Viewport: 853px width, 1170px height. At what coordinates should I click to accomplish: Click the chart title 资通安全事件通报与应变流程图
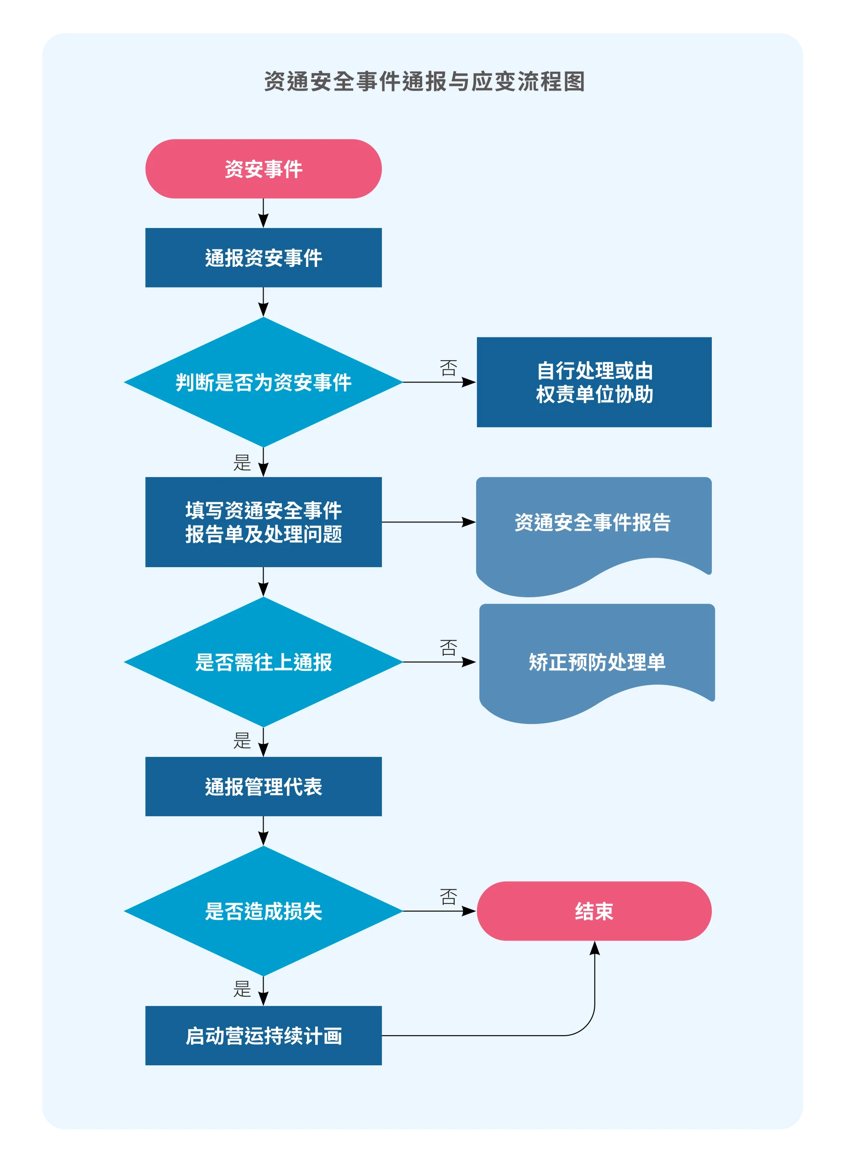tap(424, 82)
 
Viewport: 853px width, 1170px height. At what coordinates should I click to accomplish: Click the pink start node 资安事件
tap(263, 169)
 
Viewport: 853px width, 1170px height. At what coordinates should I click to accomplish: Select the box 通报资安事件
tap(263, 258)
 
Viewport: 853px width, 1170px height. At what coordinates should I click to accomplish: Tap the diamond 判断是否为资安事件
tap(263, 382)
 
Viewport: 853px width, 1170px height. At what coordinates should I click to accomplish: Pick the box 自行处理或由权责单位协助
tap(594, 382)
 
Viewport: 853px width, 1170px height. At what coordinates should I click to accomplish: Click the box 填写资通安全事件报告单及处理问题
tap(263, 522)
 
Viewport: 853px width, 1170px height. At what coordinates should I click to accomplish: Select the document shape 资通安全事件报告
tap(593, 523)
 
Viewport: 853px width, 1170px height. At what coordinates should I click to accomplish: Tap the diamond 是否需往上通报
tap(263, 662)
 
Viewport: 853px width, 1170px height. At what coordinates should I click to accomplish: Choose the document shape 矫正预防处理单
tap(597, 662)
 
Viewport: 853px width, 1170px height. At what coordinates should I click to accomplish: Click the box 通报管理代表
tap(263, 787)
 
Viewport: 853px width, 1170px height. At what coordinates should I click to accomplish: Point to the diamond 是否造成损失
tap(263, 911)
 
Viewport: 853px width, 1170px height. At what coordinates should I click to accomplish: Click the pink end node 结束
tap(594, 911)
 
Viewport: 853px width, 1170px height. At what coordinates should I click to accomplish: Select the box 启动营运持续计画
tap(263, 1036)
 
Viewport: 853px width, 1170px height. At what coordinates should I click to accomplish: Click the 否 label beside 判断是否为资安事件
tap(448, 368)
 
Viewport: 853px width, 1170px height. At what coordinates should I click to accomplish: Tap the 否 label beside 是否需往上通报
tap(448, 647)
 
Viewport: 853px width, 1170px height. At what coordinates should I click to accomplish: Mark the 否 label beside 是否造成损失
tap(448, 897)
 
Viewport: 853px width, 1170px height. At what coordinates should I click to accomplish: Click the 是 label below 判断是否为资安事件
tap(242, 463)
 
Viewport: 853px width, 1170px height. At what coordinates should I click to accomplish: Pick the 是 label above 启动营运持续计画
tap(242, 989)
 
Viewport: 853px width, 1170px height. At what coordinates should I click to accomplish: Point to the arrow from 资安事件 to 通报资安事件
tap(263, 213)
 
